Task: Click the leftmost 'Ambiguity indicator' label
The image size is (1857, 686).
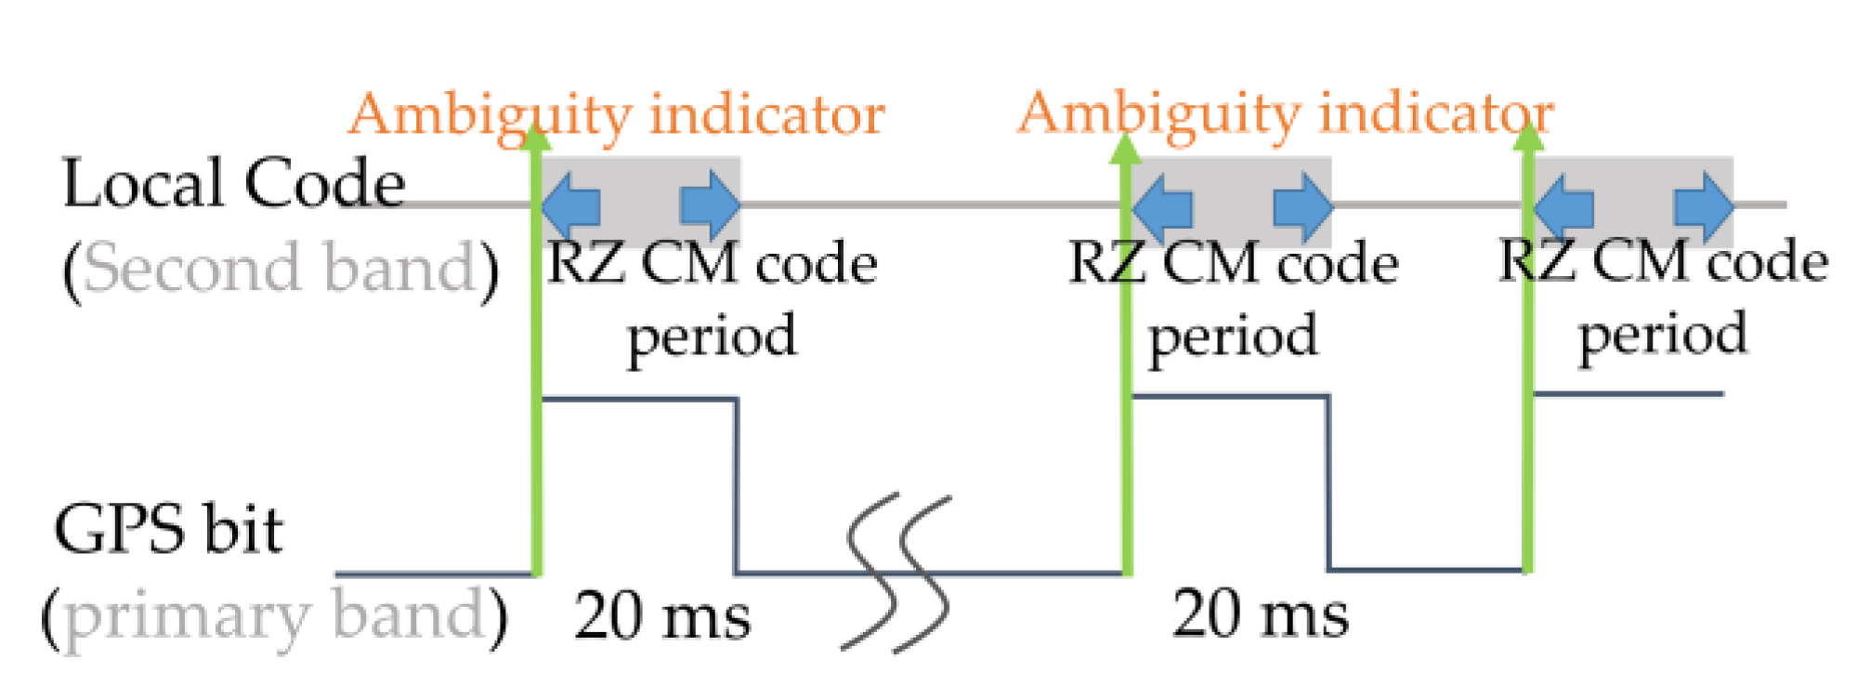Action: click(616, 115)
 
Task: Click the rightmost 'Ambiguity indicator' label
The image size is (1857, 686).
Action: click(1285, 113)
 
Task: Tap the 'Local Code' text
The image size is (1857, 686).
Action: click(233, 183)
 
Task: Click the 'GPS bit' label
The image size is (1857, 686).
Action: click(168, 530)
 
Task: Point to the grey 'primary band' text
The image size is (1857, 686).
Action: click(275, 615)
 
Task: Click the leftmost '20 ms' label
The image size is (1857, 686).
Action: click(661, 615)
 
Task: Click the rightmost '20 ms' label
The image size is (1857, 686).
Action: click(1260, 613)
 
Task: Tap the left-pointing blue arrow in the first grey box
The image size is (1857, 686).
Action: click(570, 204)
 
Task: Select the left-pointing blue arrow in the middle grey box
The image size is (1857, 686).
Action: click(1163, 204)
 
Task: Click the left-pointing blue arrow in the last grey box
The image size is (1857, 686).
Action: click(1564, 204)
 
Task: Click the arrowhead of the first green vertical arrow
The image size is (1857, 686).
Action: click(535, 138)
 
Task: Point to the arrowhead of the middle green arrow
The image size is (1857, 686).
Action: click(1126, 149)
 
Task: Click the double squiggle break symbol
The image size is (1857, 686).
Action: click(897, 573)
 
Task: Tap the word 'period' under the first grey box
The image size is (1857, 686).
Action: click(712, 336)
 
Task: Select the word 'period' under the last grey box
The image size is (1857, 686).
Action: click(1663, 335)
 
